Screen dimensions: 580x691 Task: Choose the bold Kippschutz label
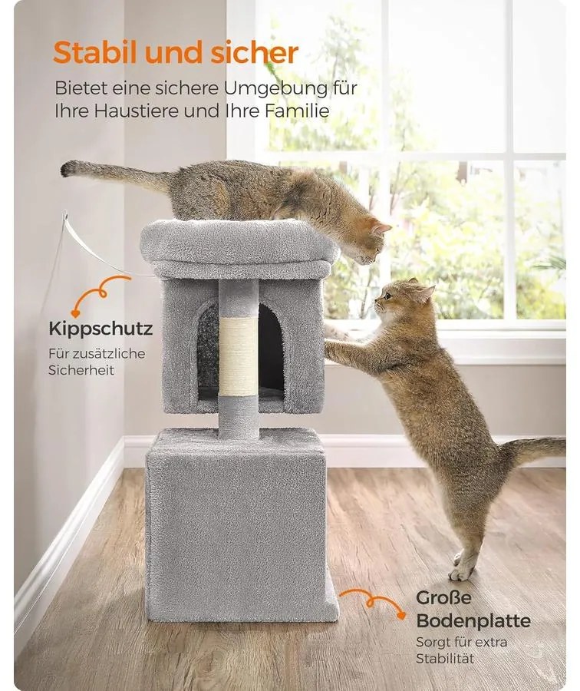101,329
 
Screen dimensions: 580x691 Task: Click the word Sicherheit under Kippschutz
81,370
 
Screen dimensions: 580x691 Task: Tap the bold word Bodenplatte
473,621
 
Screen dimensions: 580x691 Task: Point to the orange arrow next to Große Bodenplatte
374,602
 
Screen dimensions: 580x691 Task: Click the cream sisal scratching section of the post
239,356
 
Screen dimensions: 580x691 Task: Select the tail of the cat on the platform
115,175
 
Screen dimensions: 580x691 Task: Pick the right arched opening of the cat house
270,347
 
